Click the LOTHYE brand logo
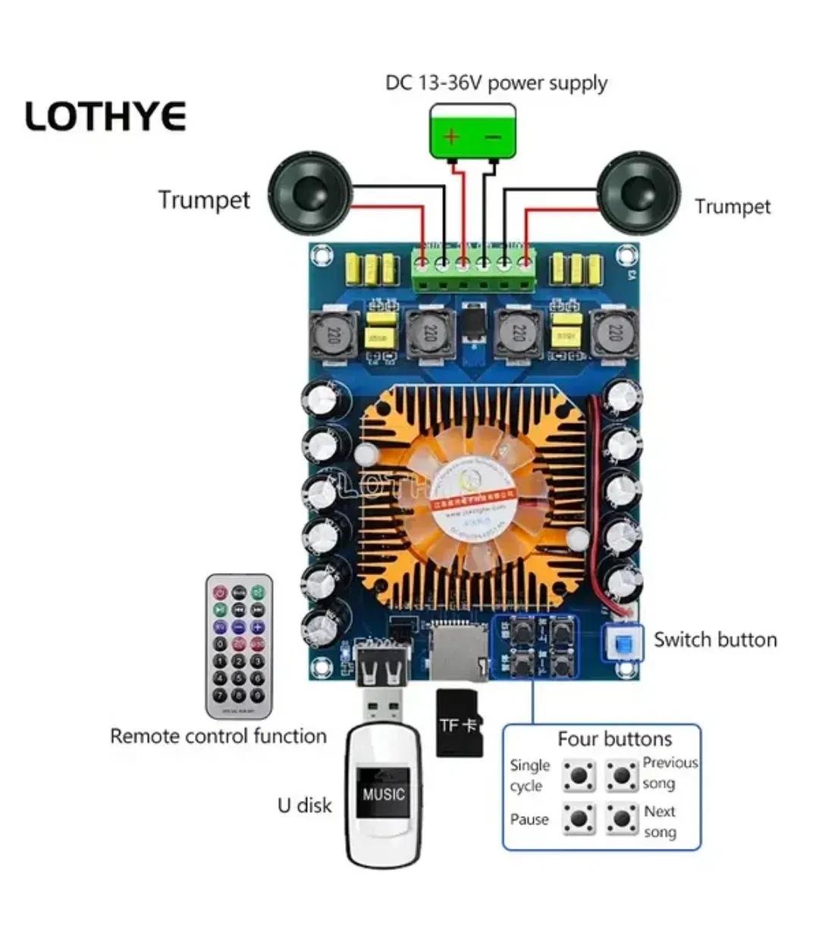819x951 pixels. pyautogui.click(x=105, y=117)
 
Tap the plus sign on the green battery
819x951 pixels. pyautogui.click(x=452, y=136)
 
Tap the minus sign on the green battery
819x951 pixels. pyautogui.click(x=493, y=136)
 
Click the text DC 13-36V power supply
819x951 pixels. pyautogui.click(x=496, y=83)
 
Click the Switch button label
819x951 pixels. pyautogui.click(x=715, y=640)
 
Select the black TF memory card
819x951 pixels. pyautogui.click(x=460, y=723)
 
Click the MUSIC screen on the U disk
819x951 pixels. pyautogui.click(x=384, y=794)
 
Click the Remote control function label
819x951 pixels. pyautogui.click(x=218, y=736)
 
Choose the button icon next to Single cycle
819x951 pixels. pyautogui.click(x=579, y=775)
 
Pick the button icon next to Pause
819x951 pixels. pyautogui.click(x=579, y=819)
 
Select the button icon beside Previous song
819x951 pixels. pyautogui.click(x=622, y=775)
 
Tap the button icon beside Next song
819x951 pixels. pyautogui.click(x=622, y=819)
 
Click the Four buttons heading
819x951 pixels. pyautogui.click(x=615, y=739)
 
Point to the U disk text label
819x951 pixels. pyautogui.click(x=305, y=805)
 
